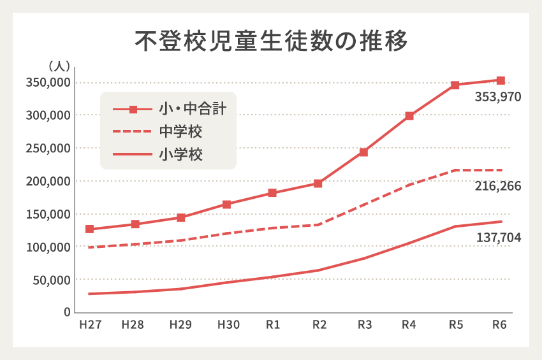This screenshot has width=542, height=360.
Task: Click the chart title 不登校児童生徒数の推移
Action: (x=270, y=40)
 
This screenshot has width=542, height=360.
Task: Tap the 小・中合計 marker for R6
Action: (x=501, y=81)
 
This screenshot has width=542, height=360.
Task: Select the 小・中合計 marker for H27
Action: (x=90, y=229)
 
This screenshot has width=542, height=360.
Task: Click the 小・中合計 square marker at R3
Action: (x=363, y=152)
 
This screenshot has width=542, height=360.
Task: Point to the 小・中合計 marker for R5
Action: (x=455, y=85)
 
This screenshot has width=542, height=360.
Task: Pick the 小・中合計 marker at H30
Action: (x=227, y=205)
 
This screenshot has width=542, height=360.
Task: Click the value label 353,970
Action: (x=498, y=97)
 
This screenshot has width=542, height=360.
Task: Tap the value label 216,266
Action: (x=498, y=187)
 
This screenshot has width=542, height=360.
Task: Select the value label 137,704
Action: (x=498, y=238)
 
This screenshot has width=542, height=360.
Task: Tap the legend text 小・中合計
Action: (x=192, y=109)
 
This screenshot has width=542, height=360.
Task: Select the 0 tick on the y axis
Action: (x=66, y=312)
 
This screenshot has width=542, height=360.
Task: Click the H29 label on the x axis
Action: (x=180, y=325)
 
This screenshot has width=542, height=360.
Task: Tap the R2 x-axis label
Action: (x=318, y=325)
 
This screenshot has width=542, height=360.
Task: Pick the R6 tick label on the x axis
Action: (x=500, y=325)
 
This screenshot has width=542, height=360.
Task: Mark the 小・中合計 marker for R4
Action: (x=409, y=116)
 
